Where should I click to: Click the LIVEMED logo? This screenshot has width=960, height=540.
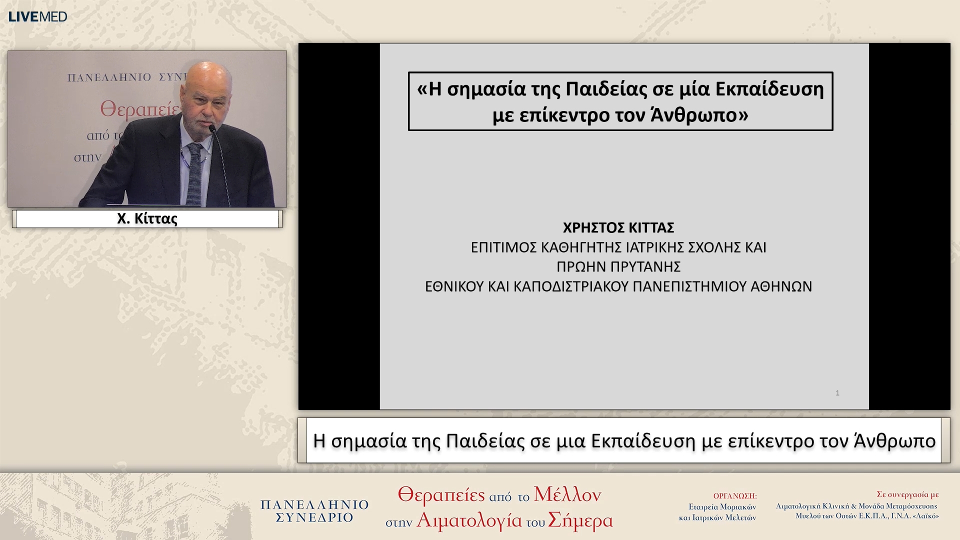(37, 16)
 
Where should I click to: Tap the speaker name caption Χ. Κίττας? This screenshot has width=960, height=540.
(147, 219)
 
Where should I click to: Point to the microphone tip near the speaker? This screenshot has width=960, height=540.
(212, 129)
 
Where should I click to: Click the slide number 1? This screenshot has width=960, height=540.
(837, 393)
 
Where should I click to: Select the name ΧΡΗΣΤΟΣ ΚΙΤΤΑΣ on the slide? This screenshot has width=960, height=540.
(618, 228)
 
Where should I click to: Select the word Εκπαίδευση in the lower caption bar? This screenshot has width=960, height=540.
(643, 441)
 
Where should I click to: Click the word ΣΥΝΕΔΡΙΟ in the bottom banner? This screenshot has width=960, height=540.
(314, 518)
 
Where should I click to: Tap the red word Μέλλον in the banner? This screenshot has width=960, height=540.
(567, 494)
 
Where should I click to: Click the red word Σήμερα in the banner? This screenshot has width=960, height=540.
(580, 520)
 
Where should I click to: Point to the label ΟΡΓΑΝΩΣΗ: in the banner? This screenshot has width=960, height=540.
(734, 496)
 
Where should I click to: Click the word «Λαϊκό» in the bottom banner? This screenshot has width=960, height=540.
(925, 516)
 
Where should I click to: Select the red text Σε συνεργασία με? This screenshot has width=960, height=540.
(907, 494)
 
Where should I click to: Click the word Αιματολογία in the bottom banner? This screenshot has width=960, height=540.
(469, 520)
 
